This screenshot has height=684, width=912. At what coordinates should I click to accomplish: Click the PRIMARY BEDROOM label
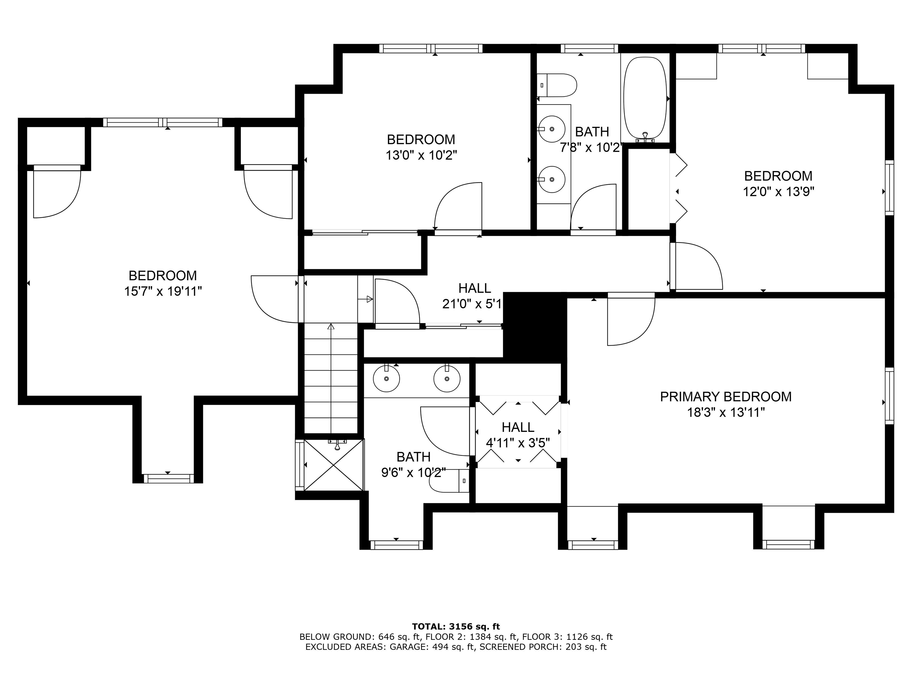click(726, 397)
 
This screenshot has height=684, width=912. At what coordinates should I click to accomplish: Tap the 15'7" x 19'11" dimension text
click(163, 292)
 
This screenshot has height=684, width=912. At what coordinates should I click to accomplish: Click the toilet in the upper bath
click(557, 85)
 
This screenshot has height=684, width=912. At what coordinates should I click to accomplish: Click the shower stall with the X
click(334, 465)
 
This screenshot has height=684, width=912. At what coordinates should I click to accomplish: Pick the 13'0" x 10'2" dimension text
click(421, 156)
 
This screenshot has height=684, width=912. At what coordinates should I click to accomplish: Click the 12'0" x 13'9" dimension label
click(778, 192)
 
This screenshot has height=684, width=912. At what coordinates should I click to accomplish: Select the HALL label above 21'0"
click(474, 288)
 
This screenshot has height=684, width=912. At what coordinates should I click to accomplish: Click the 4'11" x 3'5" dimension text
click(518, 443)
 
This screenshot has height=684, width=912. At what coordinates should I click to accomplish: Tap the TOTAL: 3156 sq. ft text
click(456, 627)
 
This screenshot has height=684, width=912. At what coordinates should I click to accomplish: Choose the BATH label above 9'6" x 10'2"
click(414, 457)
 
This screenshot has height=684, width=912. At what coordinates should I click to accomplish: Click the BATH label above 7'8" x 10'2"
click(592, 132)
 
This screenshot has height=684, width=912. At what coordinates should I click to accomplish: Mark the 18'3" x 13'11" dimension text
click(726, 412)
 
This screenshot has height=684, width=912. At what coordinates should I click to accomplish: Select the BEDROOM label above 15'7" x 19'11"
click(163, 275)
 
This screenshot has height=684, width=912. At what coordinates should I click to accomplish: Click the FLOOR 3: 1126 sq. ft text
click(567, 637)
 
